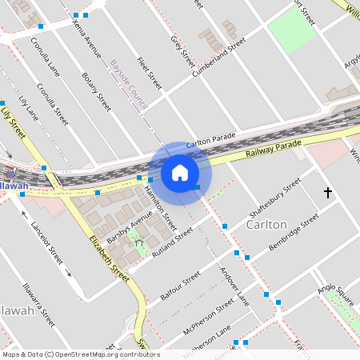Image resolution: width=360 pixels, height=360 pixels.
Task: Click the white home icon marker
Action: [x=179, y=173]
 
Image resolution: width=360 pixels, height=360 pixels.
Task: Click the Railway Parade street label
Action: [x=274, y=147]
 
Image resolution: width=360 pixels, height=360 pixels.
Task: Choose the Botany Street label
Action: [x=96, y=92]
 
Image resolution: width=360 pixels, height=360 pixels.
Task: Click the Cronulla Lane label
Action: [x=45, y=55]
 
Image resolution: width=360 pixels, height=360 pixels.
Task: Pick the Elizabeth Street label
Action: [x=110, y=258]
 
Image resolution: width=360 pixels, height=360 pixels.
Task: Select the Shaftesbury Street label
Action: [x=274, y=197]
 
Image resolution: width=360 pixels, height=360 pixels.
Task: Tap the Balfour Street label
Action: [x=180, y=285]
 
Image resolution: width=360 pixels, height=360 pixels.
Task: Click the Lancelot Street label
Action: [x=47, y=240]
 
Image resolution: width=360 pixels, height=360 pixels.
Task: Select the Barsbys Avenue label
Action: [x=129, y=228]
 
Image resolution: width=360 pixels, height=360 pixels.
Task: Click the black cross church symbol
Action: [x=327, y=193]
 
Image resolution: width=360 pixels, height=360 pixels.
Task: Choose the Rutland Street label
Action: [x=173, y=242]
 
